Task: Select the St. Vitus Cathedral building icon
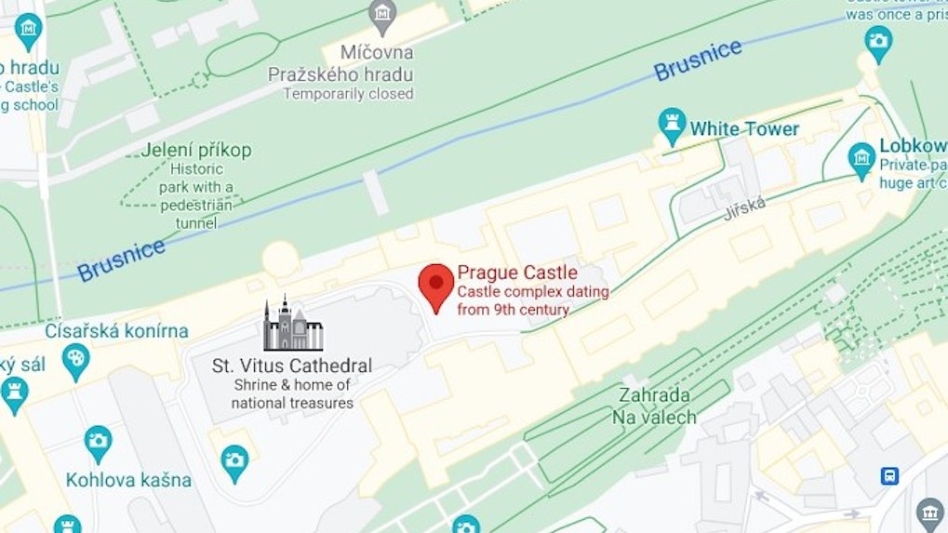tap(292, 325)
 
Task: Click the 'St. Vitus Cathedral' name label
tap(292, 366)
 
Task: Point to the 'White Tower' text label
tap(744, 129)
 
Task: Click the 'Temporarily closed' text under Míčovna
tap(348, 94)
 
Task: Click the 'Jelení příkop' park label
tap(196, 150)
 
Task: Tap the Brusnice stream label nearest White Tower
tap(697, 60)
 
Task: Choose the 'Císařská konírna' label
tap(116, 331)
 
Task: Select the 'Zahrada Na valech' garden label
tap(654, 406)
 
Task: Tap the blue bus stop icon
tap(889, 476)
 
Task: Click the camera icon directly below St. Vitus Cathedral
tap(234, 459)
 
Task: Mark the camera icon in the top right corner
tap(877, 41)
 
